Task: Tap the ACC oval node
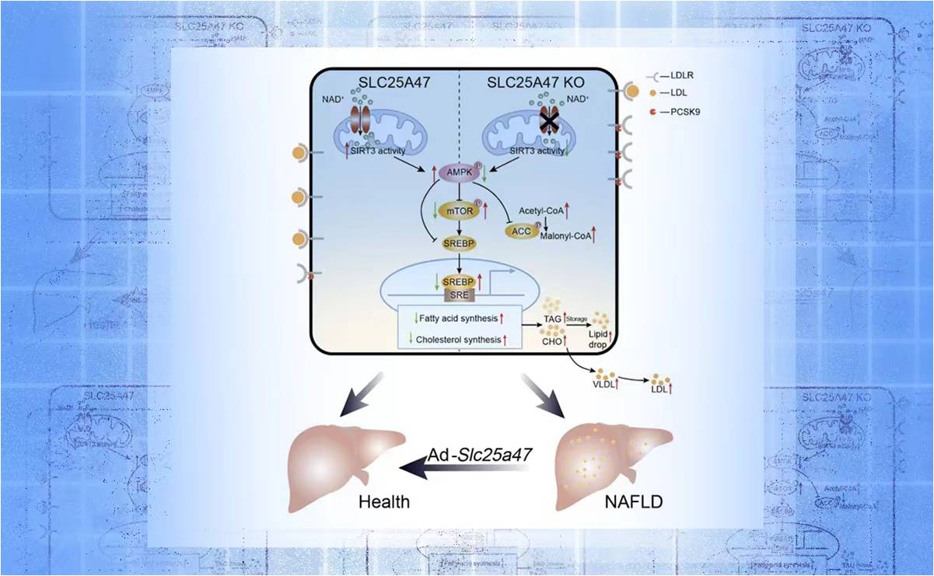pos(521,231)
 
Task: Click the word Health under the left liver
pos(383,501)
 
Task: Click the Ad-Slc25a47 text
pos(479,456)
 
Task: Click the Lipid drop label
pos(600,338)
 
